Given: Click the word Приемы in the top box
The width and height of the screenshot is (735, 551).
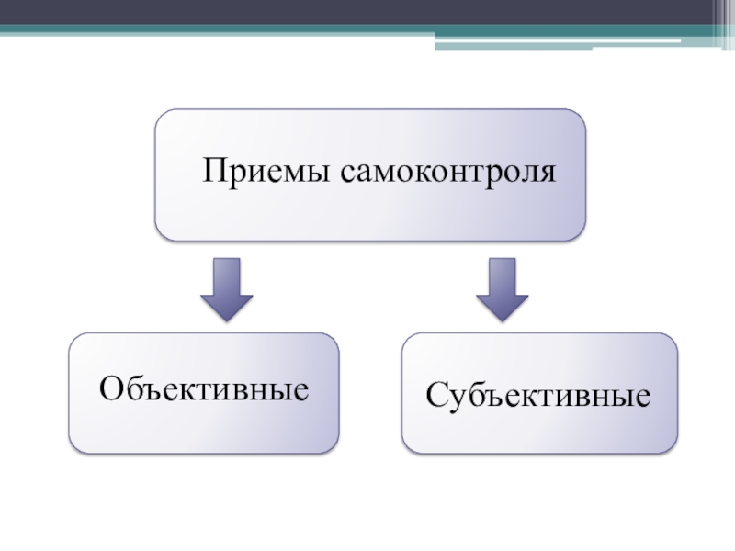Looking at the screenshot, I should (x=266, y=173).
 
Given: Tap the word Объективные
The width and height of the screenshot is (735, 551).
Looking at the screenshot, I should (x=203, y=389).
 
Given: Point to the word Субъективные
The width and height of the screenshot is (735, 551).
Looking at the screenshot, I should (x=538, y=397).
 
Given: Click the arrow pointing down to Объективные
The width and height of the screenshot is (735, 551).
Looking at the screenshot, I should (x=226, y=287).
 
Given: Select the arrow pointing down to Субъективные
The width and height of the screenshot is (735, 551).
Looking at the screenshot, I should (x=501, y=287).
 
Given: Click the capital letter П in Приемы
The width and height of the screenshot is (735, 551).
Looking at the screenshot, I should (x=215, y=171).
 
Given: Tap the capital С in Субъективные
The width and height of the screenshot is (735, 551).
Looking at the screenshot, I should (x=435, y=397).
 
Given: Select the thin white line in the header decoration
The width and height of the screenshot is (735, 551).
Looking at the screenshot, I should (x=634, y=41).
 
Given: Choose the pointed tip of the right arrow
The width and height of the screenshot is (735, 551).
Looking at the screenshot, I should (x=501, y=320).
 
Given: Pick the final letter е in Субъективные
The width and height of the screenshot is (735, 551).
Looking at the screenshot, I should (x=643, y=399).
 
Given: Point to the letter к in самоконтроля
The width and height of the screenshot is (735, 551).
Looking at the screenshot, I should (x=423, y=174).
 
